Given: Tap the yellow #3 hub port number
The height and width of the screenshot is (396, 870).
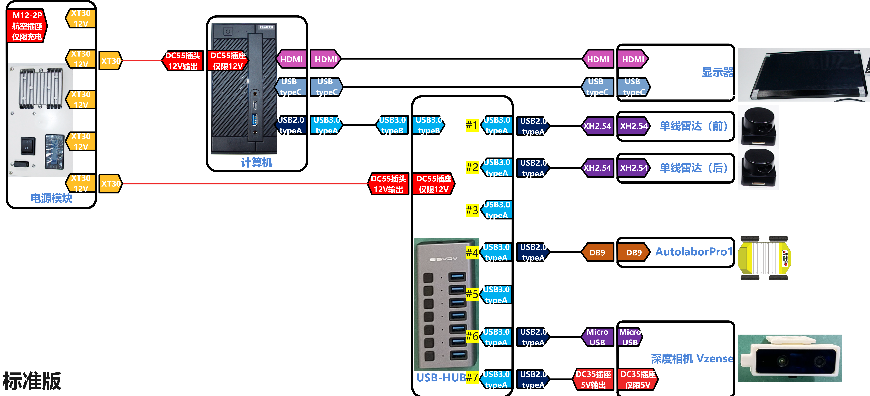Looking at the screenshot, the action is pyautogui.click(x=472, y=210).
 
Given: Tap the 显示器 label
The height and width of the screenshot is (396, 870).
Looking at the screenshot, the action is pyautogui.click(x=718, y=72).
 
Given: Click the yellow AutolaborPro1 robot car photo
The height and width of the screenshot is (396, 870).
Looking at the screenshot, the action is pyautogui.click(x=764, y=258).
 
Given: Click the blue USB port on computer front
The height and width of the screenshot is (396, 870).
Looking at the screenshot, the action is pyautogui.click(x=255, y=119).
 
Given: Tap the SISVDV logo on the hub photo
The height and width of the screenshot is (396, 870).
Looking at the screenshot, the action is pyautogui.click(x=443, y=259).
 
